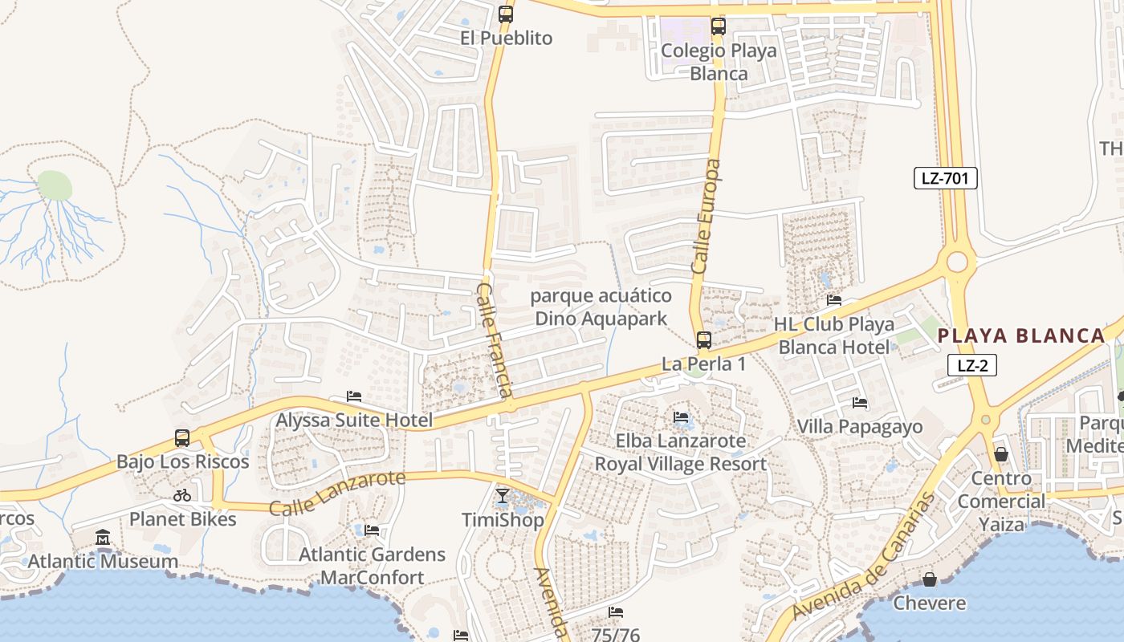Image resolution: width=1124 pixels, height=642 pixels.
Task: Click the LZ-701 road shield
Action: [x=945, y=178]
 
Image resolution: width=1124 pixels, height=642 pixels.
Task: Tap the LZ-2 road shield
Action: [x=972, y=366]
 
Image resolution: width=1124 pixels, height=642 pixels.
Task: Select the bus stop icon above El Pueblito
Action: [x=505, y=14]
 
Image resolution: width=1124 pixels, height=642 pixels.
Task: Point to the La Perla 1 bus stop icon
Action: [x=703, y=340]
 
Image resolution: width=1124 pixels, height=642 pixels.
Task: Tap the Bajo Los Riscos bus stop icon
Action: [x=182, y=438]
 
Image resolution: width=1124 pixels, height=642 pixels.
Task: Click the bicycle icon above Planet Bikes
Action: [x=182, y=495]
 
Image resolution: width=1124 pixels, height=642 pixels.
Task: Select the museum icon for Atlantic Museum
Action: [x=103, y=537]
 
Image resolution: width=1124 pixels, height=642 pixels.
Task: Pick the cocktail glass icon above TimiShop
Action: [x=502, y=496]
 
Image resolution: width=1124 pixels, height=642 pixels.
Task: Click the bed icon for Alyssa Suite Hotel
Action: [x=353, y=396]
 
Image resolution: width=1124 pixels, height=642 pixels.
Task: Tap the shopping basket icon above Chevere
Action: [x=929, y=579]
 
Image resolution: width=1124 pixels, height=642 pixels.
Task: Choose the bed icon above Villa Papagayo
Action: [x=859, y=403]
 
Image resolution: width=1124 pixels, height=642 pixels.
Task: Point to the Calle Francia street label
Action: [x=494, y=339]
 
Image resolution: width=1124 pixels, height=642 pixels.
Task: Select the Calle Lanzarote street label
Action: [x=337, y=494]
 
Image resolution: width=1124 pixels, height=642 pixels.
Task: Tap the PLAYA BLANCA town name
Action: [x=1021, y=336]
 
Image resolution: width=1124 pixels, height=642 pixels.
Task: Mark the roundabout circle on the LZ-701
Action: [x=957, y=262]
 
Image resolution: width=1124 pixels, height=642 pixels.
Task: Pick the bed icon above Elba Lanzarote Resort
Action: [x=681, y=417]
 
